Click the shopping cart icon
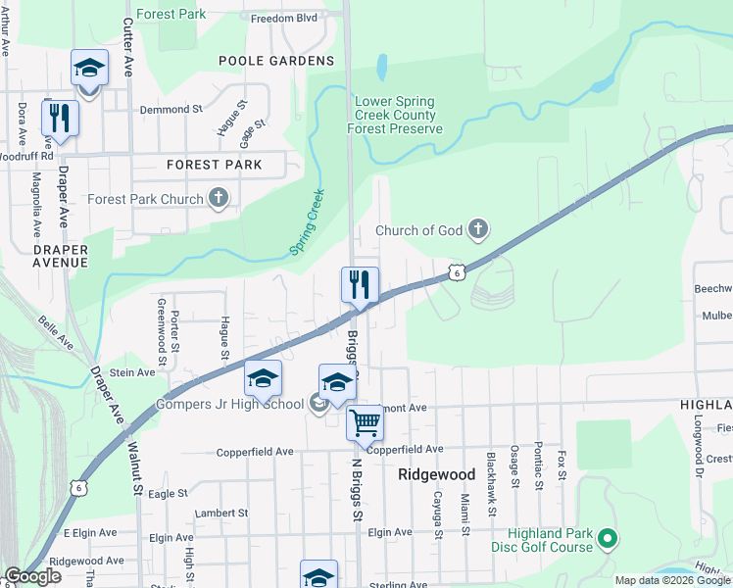365,422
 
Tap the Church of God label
419,231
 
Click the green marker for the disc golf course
608,538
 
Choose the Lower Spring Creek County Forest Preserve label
399,115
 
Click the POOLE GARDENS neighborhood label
276,61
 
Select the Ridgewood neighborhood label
436,474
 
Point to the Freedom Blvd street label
284,18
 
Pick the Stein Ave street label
132,372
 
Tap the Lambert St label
221,513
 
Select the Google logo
32,576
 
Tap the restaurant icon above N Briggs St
360,285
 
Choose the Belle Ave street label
56,333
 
